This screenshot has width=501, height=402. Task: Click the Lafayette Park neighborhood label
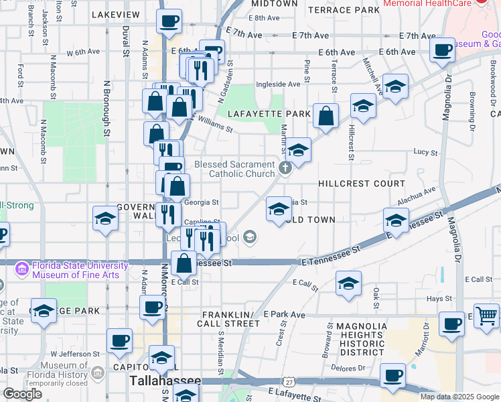pyautogui.click(x=269, y=114)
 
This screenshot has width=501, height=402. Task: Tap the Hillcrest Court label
pyautogui.click(x=362, y=184)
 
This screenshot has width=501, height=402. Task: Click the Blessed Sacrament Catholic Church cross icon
pyautogui.click(x=285, y=167)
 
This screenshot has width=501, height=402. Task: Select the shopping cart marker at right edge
pyautogui.click(x=487, y=315)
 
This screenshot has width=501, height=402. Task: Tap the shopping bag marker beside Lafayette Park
pyautogui.click(x=326, y=116)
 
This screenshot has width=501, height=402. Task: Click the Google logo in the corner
pyautogui.click(x=21, y=394)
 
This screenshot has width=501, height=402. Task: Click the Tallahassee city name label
pyautogui.click(x=164, y=381)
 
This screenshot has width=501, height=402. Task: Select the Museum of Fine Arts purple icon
pyautogui.click(x=22, y=269)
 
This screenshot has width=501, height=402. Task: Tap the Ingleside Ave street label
pyautogui.click(x=278, y=84)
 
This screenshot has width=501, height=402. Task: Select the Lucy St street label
pyautogui.click(x=425, y=153)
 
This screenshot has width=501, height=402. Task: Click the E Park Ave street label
pyautogui.click(x=284, y=314)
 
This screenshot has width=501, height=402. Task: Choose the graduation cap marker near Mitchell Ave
pyautogui.click(x=395, y=86)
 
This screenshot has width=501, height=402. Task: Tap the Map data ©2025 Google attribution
pyautogui.click(x=459, y=397)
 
